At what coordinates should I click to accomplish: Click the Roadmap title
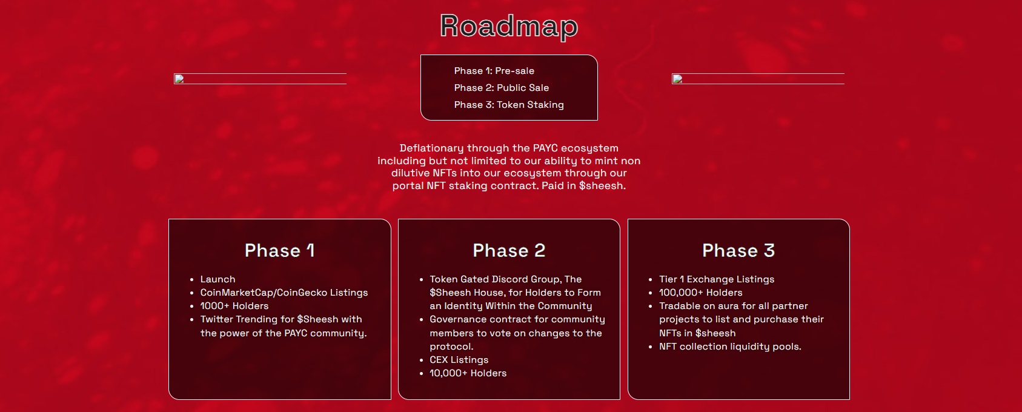(509, 26)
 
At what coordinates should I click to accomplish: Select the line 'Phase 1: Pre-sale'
(494, 71)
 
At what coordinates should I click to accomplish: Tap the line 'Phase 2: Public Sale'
(502, 88)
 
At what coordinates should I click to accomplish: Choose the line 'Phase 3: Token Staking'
(509, 104)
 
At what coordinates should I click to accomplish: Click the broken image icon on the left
(179, 79)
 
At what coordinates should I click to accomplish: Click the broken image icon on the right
(677, 79)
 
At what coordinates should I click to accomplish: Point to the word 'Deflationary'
(431, 148)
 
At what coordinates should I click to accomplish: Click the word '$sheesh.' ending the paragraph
(602, 185)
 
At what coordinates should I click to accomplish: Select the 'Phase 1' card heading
(280, 250)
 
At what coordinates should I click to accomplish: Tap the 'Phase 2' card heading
(509, 250)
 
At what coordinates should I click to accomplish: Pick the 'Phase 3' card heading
(738, 250)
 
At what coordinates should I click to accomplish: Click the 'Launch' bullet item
(217, 279)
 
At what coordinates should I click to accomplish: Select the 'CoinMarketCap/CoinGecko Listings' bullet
(284, 293)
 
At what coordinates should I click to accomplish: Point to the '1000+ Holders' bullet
(234, 306)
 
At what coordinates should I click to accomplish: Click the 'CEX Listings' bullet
(459, 359)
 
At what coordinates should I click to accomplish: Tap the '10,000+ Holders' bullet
(468, 373)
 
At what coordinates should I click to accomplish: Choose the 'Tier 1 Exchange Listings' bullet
(717, 279)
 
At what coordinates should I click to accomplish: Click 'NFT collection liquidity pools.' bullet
(730, 347)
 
